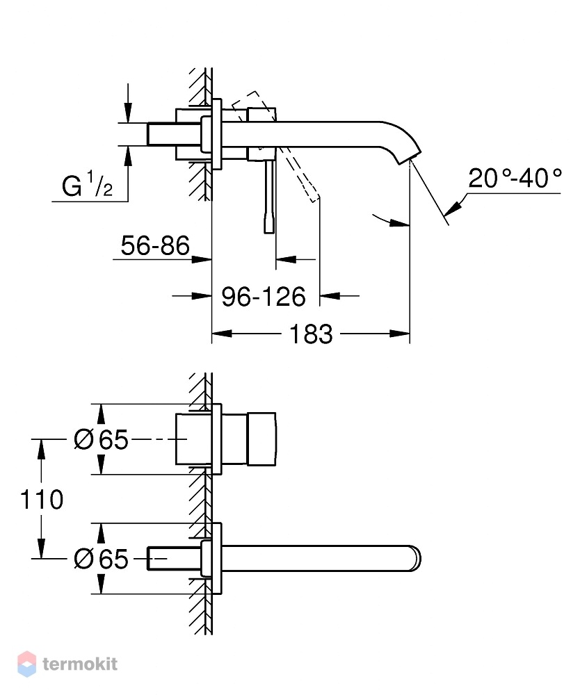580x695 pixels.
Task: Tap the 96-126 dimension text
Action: (x=264, y=297)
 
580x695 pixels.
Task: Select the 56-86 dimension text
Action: (x=155, y=245)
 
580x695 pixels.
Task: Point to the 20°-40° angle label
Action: (x=515, y=178)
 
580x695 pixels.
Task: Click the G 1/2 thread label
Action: (x=88, y=185)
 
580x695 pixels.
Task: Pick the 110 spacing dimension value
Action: (x=42, y=500)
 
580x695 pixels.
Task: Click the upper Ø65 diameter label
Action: (x=101, y=440)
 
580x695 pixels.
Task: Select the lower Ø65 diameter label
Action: (x=101, y=559)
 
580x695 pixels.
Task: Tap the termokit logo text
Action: (x=80, y=664)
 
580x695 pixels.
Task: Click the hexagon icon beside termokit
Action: (x=26, y=664)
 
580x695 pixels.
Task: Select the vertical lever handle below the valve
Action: (x=269, y=197)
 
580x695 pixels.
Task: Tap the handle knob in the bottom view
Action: (x=261, y=439)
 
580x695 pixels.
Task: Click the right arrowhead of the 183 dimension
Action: (x=399, y=334)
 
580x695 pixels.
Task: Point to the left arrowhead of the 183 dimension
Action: (x=222, y=334)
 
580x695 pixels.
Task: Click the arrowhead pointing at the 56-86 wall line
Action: (x=202, y=260)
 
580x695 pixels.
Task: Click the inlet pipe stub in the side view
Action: (x=175, y=133)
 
